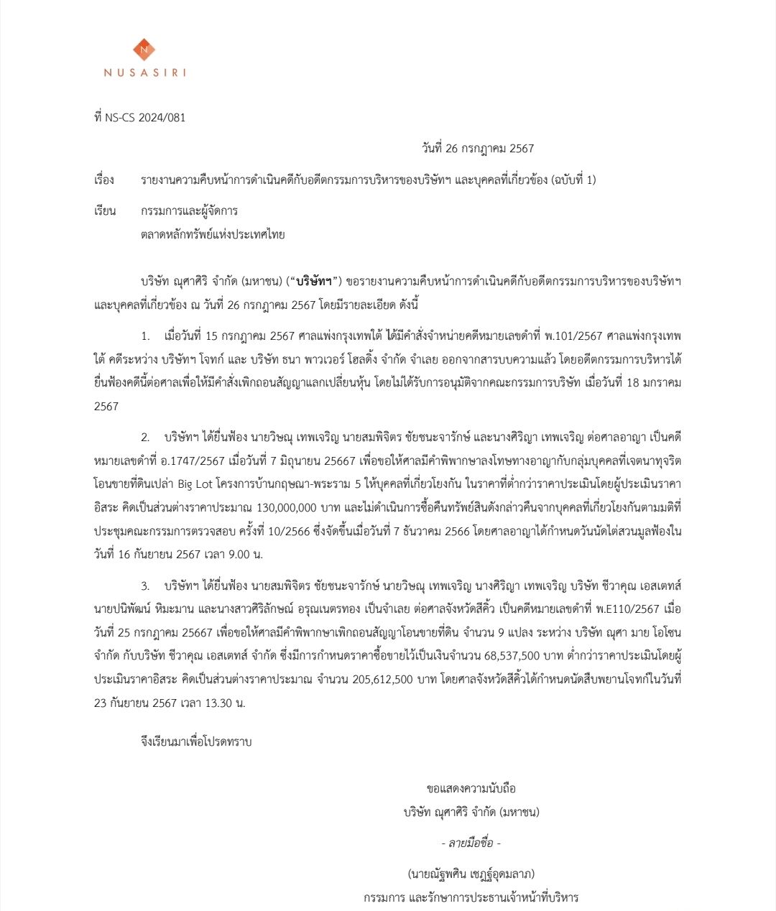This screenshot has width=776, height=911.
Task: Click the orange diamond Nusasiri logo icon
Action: [144, 50]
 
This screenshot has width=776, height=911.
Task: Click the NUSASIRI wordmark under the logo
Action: [144, 73]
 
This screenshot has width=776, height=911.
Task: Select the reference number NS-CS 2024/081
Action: [145, 118]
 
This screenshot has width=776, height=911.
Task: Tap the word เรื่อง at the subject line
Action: [104, 180]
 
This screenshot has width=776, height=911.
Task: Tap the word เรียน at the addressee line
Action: [104, 211]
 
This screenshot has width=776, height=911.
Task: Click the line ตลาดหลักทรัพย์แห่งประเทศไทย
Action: [213, 234]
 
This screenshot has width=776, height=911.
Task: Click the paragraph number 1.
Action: [146, 336]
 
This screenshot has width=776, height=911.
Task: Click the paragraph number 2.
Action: [145, 437]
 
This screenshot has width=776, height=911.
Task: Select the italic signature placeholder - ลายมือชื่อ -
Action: [471, 843]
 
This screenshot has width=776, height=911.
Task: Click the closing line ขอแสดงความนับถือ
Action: [471, 788]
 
